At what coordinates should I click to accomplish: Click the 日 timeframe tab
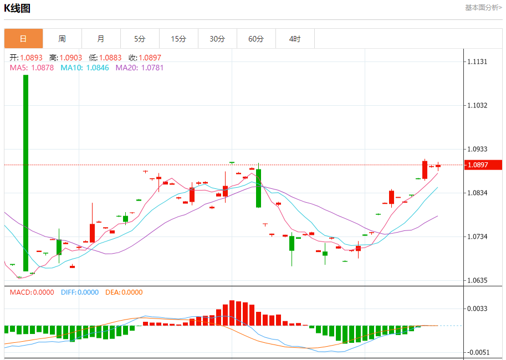pos(23,39)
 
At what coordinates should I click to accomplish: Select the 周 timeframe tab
pos(62,39)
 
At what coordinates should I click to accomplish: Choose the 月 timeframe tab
pos(101,39)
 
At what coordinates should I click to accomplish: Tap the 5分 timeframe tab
pos(140,39)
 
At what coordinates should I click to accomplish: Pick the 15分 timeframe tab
pos(178,39)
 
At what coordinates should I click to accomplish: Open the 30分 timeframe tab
pos(217,39)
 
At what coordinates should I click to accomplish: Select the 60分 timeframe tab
pos(256,39)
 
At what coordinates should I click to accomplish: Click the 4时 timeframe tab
pos(295,39)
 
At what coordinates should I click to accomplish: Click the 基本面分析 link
pos(483,8)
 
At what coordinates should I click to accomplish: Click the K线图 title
pos(17,8)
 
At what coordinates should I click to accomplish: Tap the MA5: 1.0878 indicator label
pos(32,68)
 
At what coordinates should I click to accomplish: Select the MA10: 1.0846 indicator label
pos(84,68)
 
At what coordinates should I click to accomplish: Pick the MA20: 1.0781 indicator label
pos(140,68)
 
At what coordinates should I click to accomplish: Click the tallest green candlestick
pos(25,172)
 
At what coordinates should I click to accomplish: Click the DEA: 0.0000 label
pos(124,292)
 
